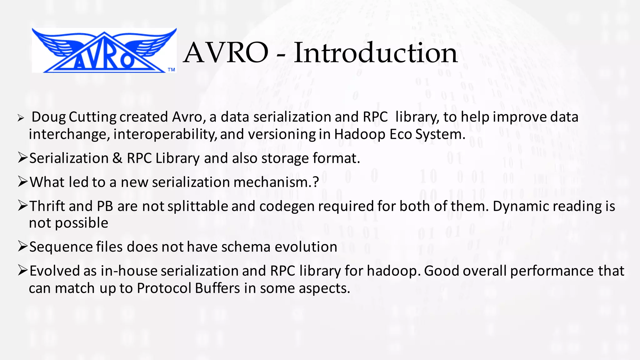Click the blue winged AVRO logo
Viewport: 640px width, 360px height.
104,51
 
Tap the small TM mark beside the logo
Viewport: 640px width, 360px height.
171,70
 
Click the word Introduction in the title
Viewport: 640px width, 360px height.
376,53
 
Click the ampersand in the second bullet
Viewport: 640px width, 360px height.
117,158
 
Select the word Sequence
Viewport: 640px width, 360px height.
61,247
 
